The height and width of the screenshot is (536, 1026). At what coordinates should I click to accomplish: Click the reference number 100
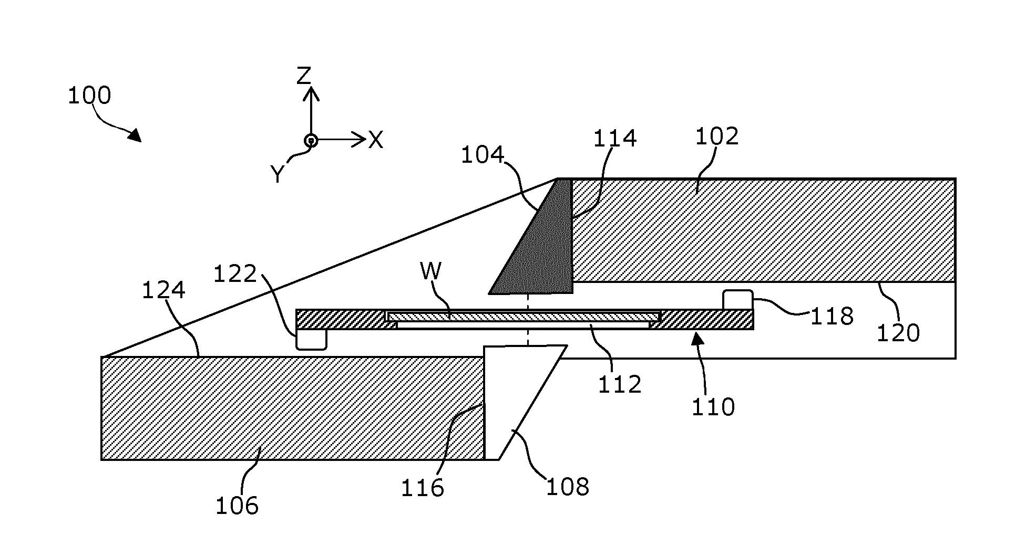coord(89,96)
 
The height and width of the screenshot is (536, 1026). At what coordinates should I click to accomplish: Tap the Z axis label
coord(304,77)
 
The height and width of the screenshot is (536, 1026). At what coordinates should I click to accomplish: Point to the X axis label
coord(375,140)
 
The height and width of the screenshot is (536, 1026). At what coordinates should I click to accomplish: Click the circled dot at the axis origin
coord(311,140)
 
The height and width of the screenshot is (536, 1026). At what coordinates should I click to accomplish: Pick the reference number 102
coord(717,136)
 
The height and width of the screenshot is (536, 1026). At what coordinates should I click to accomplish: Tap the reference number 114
coord(615,139)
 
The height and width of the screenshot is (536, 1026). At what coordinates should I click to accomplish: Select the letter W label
coord(431,271)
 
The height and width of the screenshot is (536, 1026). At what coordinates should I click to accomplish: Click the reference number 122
coord(235,274)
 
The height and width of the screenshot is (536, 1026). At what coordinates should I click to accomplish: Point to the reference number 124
coord(163,290)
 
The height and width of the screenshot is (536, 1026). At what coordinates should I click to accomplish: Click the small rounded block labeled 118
coord(737,300)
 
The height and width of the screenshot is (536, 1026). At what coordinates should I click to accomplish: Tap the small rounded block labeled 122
coord(311,339)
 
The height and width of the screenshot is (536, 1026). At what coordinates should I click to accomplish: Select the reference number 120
coord(898,333)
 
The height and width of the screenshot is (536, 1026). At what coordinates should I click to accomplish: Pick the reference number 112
coord(620,385)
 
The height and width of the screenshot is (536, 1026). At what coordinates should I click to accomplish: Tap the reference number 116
coord(423,488)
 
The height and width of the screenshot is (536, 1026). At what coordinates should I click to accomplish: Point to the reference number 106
coord(237,506)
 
